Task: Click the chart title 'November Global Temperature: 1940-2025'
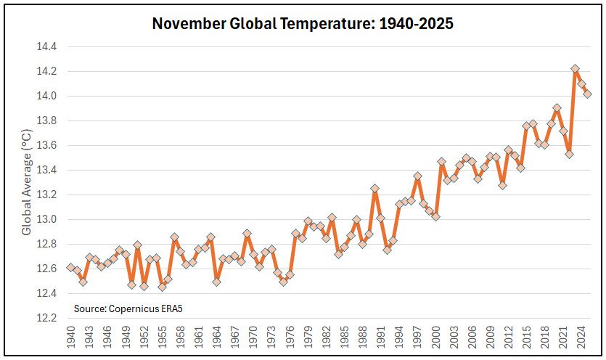[x=303, y=23]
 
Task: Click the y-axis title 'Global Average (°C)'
[x=27, y=182]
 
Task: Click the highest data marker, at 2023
[x=576, y=69]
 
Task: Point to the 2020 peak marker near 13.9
[x=557, y=108]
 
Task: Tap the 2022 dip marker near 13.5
[x=570, y=154]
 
